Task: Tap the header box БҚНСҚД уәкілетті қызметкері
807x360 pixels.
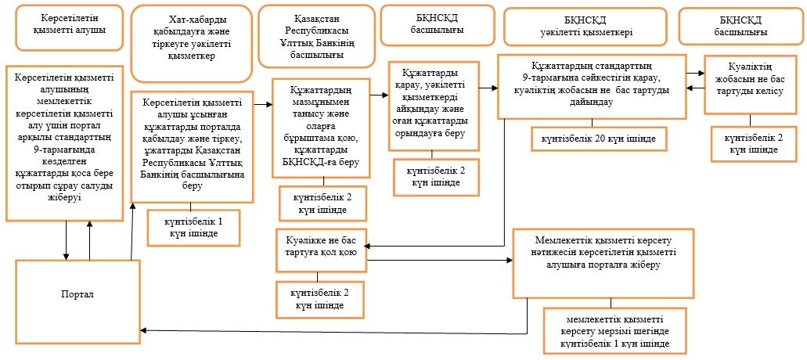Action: coord(583,26)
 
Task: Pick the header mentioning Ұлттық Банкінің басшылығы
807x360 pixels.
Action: coord(316,36)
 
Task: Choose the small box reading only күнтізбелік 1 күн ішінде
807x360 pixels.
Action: coord(193,227)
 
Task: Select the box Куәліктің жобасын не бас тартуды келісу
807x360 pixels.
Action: coord(750,85)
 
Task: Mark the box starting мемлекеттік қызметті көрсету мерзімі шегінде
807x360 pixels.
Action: coord(615,331)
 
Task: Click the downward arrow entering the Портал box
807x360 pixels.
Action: coord(67,241)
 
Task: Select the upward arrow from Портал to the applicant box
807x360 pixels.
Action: coord(89,241)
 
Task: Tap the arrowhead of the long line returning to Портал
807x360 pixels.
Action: coord(146,330)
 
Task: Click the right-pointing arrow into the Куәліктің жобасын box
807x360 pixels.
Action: coord(697,73)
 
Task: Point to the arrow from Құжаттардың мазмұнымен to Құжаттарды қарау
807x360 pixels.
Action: coord(380,95)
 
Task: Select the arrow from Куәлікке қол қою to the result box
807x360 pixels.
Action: coord(439,261)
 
